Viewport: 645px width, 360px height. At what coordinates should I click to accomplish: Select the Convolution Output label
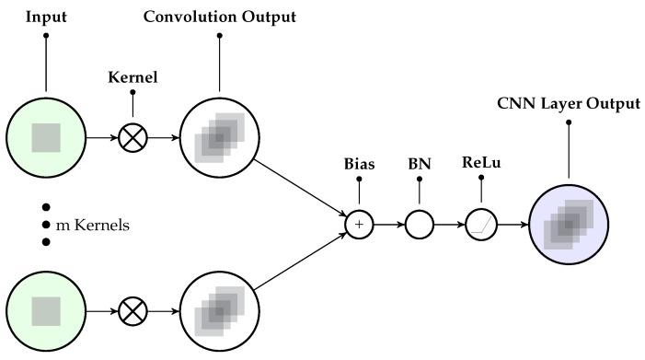(x=218, y=17)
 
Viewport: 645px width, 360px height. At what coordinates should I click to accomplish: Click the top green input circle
(x=45, y=138)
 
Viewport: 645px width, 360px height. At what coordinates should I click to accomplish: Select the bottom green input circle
(x=45, y=312)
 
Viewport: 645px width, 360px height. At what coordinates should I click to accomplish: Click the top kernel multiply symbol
(x=133, y=138)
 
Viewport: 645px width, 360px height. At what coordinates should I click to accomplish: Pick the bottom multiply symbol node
(x=133, y=312)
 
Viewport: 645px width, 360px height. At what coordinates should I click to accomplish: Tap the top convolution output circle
(x=218, y=138)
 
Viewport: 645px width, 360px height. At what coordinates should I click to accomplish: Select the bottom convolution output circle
(x=218, y=312)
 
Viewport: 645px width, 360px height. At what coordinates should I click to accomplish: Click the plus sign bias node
(x=359, y=224)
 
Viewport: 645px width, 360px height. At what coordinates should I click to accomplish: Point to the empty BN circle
(x=419, y=224)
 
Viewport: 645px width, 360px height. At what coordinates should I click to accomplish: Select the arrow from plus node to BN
(x=388, y=224)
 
